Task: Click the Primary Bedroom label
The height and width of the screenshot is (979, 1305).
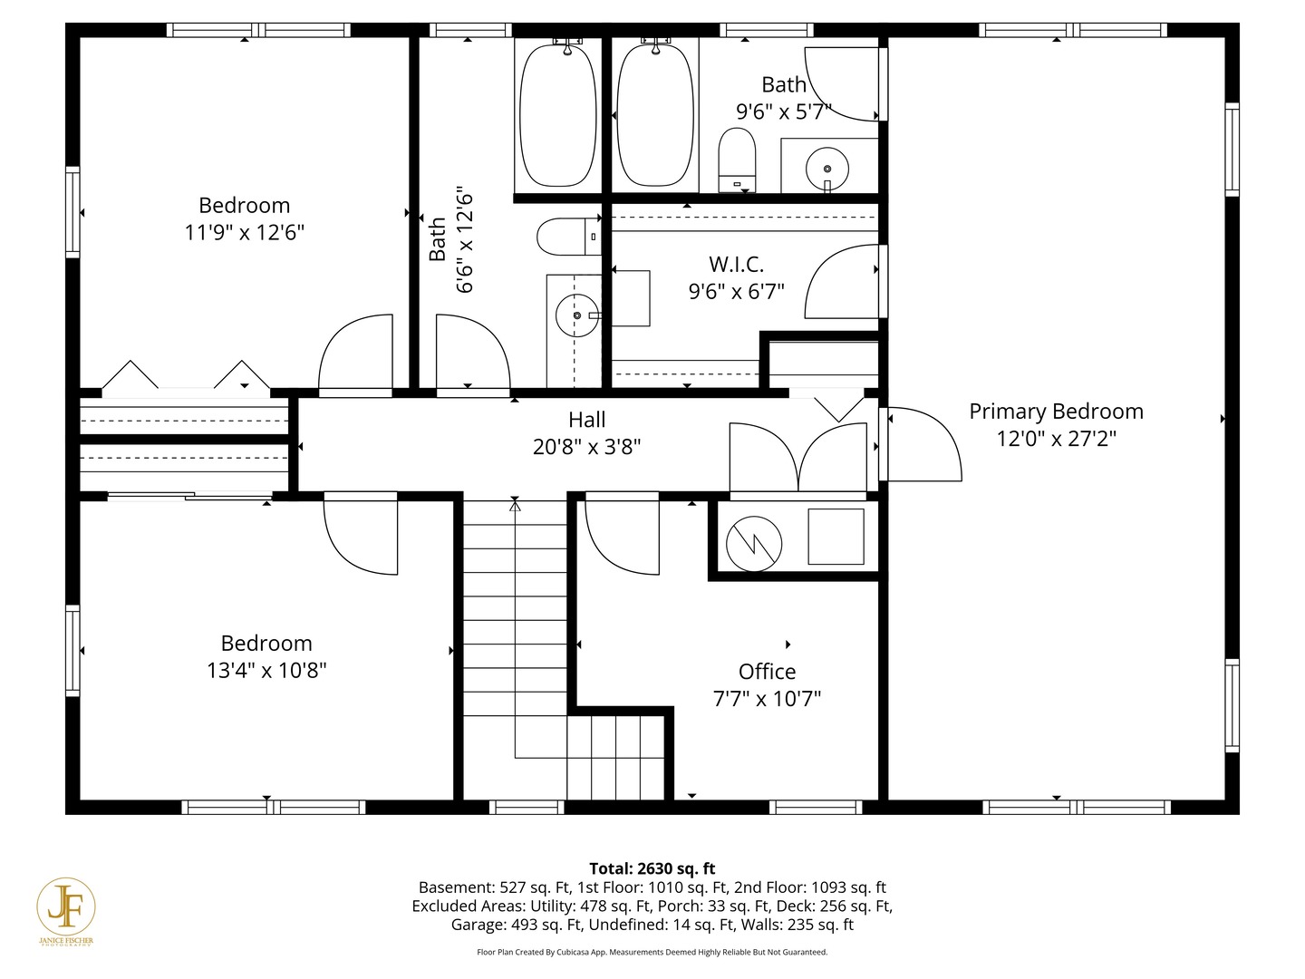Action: click(x=1056, y=412)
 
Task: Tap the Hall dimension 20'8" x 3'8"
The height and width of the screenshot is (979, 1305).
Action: click(x=587, y=447)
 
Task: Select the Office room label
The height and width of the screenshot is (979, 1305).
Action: click(x=767, y=672)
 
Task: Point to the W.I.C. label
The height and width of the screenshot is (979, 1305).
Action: click(x=736, y=264)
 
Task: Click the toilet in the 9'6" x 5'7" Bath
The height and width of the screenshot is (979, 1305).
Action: click(x=737, y=160)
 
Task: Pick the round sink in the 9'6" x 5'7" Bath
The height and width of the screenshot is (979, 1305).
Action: click(x=827, y=169)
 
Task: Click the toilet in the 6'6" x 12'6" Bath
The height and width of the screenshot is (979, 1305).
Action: click(x=569, y=237)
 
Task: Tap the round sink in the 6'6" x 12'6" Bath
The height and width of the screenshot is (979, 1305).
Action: click(x=576, y=315)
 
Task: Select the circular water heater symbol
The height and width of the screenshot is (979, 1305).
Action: click(x=754, y=544)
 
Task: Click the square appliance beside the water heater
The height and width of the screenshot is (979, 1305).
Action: click(x=836, y=536)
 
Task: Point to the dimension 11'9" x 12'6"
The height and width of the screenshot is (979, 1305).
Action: click(x=245, y=232)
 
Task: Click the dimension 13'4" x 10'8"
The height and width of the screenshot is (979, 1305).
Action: click(x=266, y=671)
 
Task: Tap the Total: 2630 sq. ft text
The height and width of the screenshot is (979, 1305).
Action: click(x=652, y=868)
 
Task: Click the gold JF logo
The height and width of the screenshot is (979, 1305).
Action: click(x=65, y=907)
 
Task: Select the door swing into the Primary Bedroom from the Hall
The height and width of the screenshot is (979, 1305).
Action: click(x=921, y=443)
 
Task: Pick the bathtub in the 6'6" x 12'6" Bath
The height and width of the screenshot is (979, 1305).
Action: click(x=557, y=115)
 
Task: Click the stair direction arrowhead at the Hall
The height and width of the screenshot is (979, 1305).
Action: click(x=515, y=506)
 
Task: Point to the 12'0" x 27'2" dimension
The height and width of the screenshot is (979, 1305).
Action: click(x=1056, y=439)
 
